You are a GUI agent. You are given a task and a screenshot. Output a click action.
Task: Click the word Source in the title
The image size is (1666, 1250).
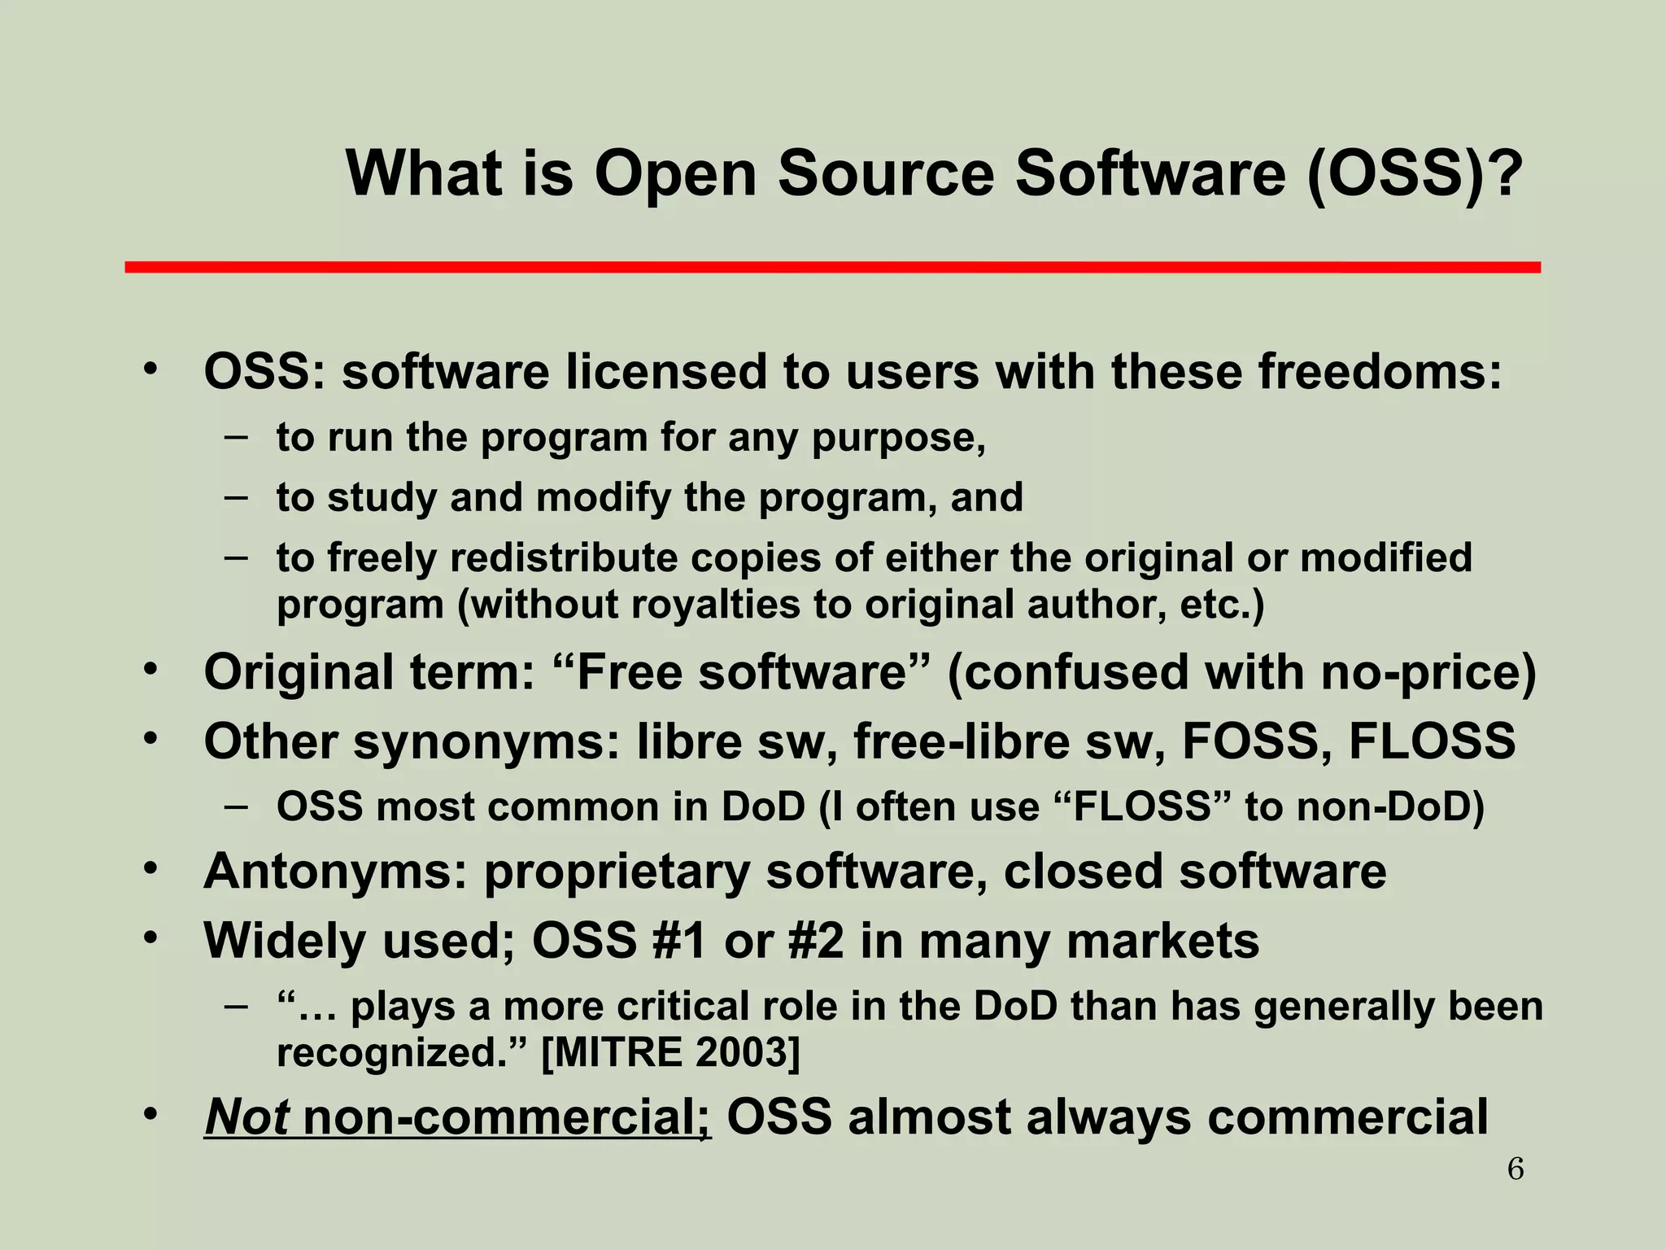coord(886,173)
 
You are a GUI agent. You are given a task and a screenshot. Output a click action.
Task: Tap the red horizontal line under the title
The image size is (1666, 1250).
coord(832,267)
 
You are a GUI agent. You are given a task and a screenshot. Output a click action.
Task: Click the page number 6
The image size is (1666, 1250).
coord(1516,1169)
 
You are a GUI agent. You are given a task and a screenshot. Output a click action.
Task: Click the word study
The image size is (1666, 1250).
coord(381,498)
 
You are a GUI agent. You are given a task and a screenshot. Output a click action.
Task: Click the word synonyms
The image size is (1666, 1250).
coord(487,743)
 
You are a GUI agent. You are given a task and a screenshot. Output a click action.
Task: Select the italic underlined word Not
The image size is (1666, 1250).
coord(246,1117)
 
